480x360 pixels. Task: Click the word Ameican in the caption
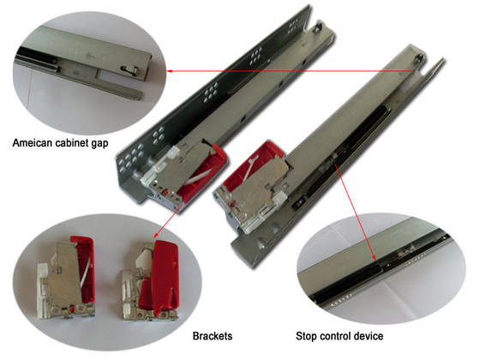(33, 143)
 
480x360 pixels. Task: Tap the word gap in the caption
(99, 144)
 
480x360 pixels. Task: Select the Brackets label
(213, 336)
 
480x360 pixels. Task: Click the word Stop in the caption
(307, 336)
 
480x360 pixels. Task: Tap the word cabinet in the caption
(71, 143)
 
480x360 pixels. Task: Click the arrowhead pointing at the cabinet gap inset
(170, 70)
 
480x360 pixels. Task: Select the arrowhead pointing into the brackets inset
(155, 235)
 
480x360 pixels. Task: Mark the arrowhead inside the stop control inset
(374, 257)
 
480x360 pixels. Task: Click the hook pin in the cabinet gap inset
(129, 69)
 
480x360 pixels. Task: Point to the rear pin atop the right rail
(421, 58)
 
